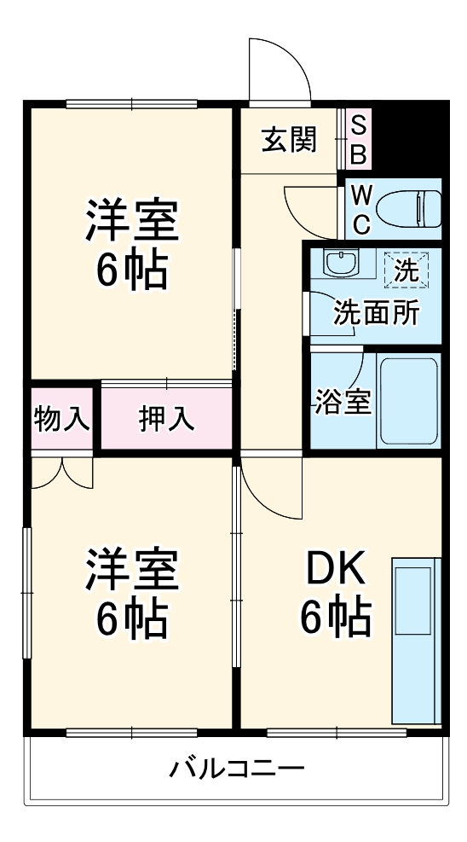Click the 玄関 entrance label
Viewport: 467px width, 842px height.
tap(288, 139)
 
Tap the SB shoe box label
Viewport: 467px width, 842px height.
tap(359, 139)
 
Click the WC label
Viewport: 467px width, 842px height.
tap(360, 209)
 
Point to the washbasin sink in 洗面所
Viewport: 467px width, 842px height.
tap(341, 264)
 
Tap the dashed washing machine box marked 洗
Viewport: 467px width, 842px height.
tap(406, 272)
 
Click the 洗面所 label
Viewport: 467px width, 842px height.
tap(375, 314)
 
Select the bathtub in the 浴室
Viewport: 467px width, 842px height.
tap(408, 400)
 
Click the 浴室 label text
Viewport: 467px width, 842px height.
tap(343, 402)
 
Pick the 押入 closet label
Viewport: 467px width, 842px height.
tap(167, 418)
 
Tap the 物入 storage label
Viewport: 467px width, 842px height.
tap(61, 418)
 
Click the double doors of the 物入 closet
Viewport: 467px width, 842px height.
tap(61, 473)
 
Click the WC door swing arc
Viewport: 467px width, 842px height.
tap(311, 209)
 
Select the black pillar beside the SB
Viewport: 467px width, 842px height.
tap(408, 136)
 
